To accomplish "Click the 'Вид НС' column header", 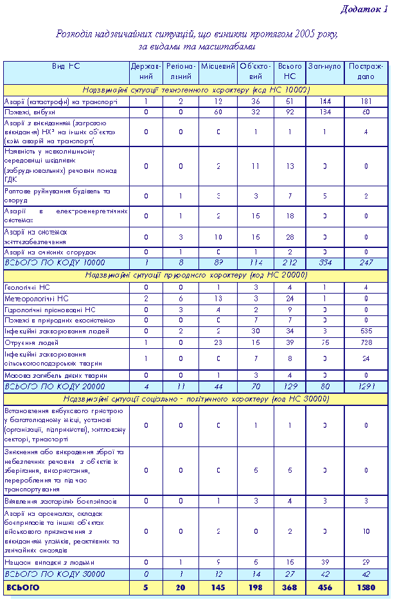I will click(x=66, y=67).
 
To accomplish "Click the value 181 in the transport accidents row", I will click(x=366, y=101).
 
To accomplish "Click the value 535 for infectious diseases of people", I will click(x=366, y=331).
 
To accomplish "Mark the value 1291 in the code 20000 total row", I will click(x=366, y=387).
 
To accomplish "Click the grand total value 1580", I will click(x=366, y=587).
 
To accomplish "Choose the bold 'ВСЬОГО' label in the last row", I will click(x=22, y=587).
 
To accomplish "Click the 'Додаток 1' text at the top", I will click(x=363, y=9).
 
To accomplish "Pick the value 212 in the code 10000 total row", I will click(x=290, y=263).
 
